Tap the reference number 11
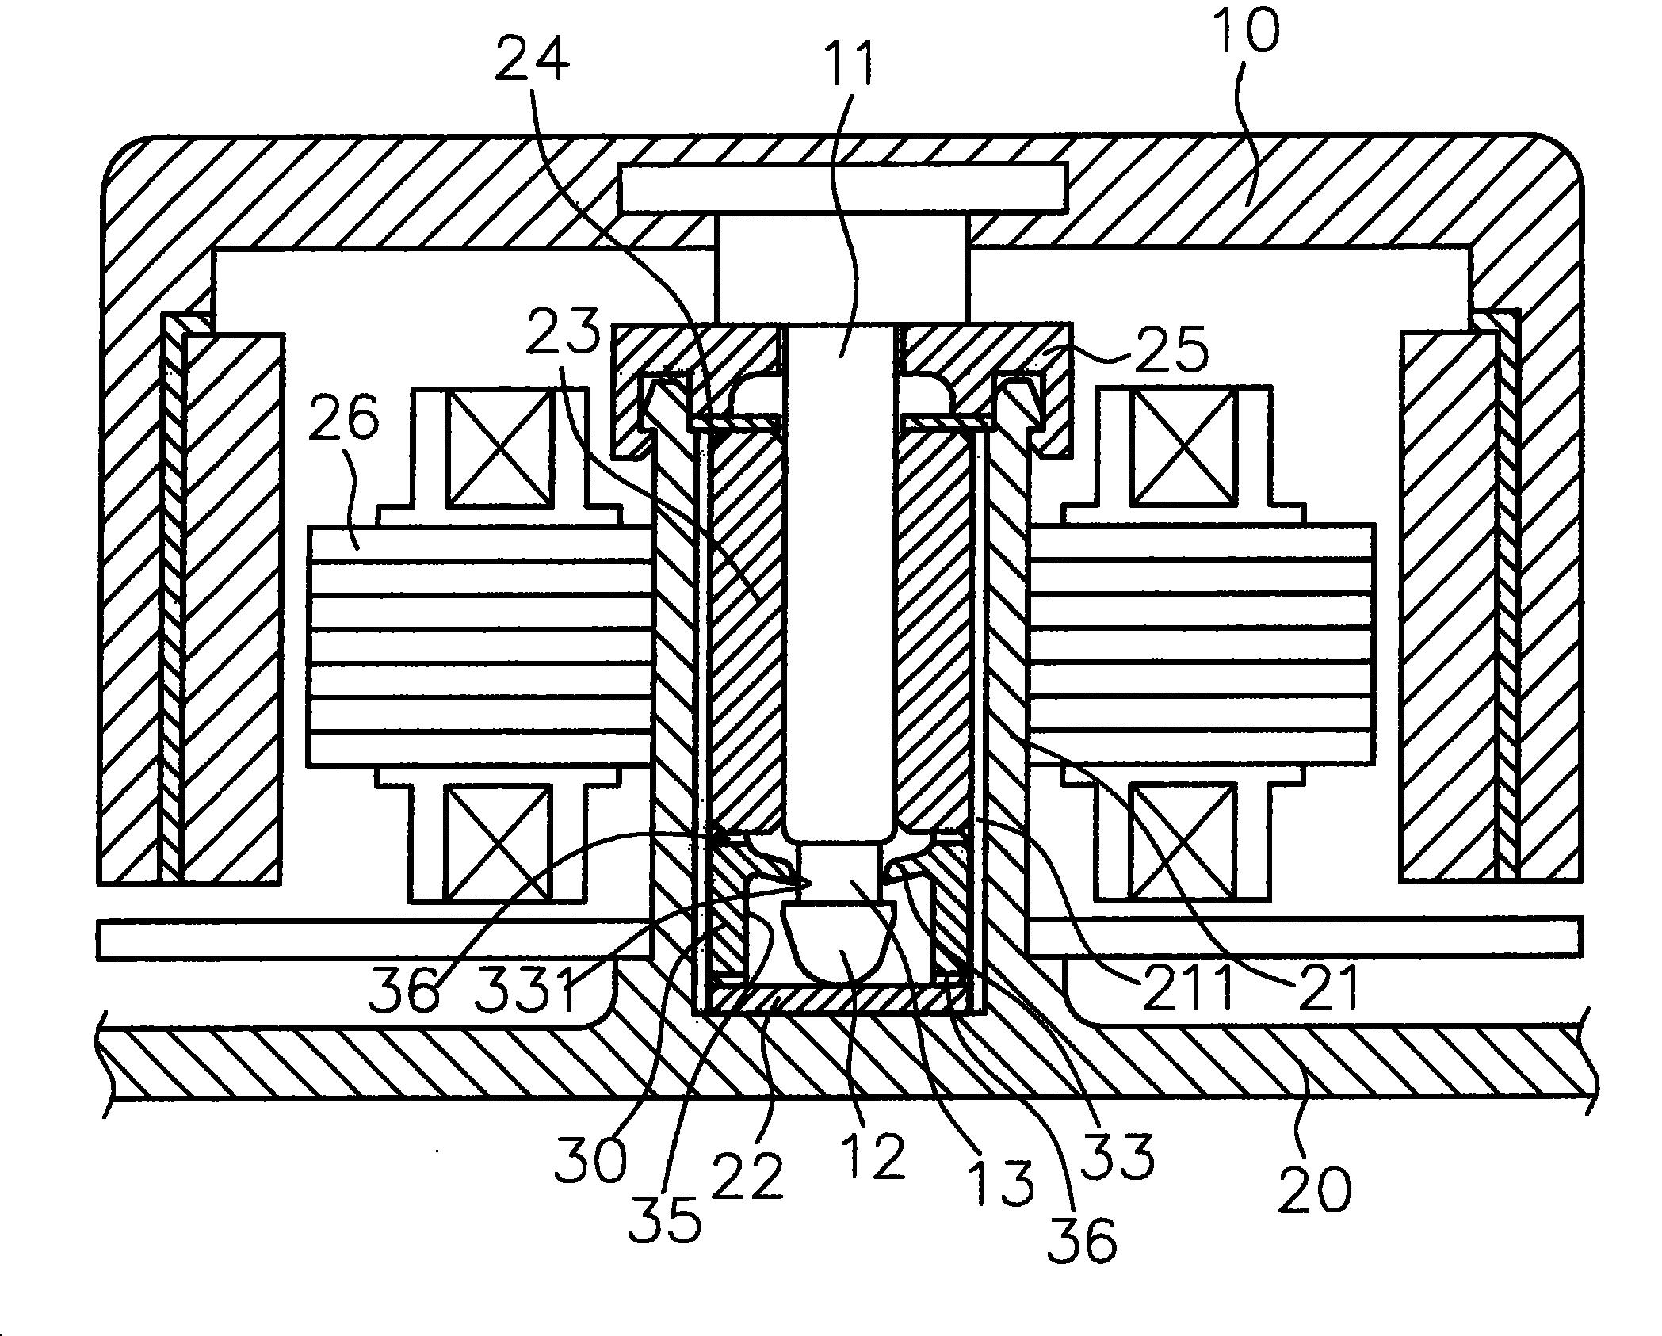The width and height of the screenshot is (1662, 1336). [x=848, y=62]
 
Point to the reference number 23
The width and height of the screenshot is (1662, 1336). [x=564, y=334]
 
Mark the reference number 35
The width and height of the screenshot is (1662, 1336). [x=664, y=1219]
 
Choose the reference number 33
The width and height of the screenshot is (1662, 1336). [x=1119, y=1156]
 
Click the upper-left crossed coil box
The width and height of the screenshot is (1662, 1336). [x=499, y=449]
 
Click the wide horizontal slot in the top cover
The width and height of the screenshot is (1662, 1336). [x=842, y=189]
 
